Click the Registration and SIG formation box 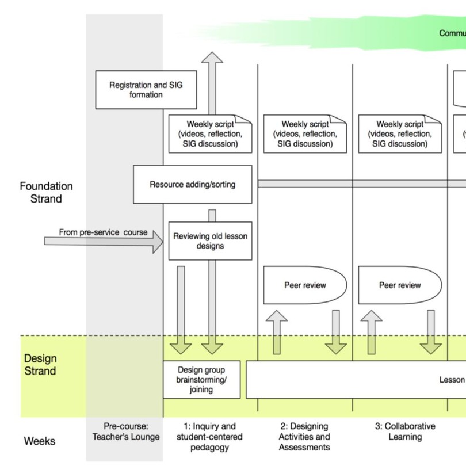(x=146, y=90)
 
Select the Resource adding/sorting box (x=192, y=185)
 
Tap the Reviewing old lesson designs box (x=210, y=241)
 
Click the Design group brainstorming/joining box (x=201, y=380)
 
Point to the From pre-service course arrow (x=104, y=241)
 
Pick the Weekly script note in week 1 (x=210, y=134)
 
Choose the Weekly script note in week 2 (x=305, y=134)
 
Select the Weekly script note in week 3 (x=400, y=134)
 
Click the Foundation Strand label (x=46, y=193)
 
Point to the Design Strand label (x=40, y=365)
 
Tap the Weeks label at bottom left (x=40, y=441)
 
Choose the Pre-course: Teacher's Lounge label (x=126, y=431)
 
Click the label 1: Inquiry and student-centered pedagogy (x=209, y=436)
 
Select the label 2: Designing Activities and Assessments (x=304, y=436)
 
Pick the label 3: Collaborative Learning (x=405, y=431)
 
